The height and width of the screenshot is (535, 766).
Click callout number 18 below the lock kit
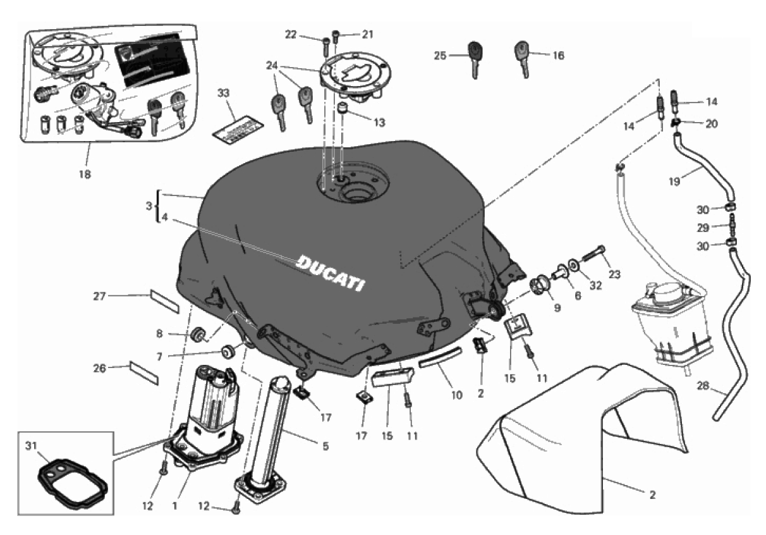coord(84,173)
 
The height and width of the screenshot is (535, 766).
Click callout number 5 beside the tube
coord(325,446)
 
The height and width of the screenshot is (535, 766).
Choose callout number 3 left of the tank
coord(148,206)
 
